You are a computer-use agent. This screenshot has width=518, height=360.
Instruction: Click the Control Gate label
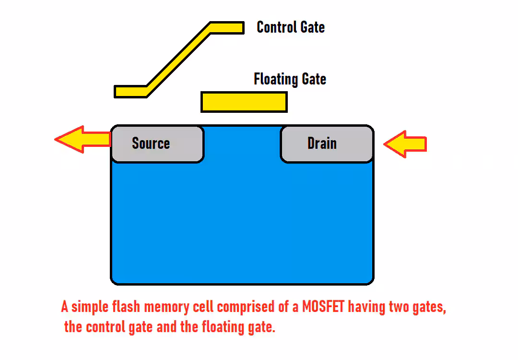(291, 27)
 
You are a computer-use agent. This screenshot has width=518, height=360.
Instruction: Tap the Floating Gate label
(290, 79)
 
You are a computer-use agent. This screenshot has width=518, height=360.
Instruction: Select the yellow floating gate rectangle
(244, 102)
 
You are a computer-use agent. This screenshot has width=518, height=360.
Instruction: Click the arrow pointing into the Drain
(405, 144)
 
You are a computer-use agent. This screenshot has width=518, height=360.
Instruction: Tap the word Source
(151, 144)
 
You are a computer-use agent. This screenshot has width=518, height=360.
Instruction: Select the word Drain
(322, 144)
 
